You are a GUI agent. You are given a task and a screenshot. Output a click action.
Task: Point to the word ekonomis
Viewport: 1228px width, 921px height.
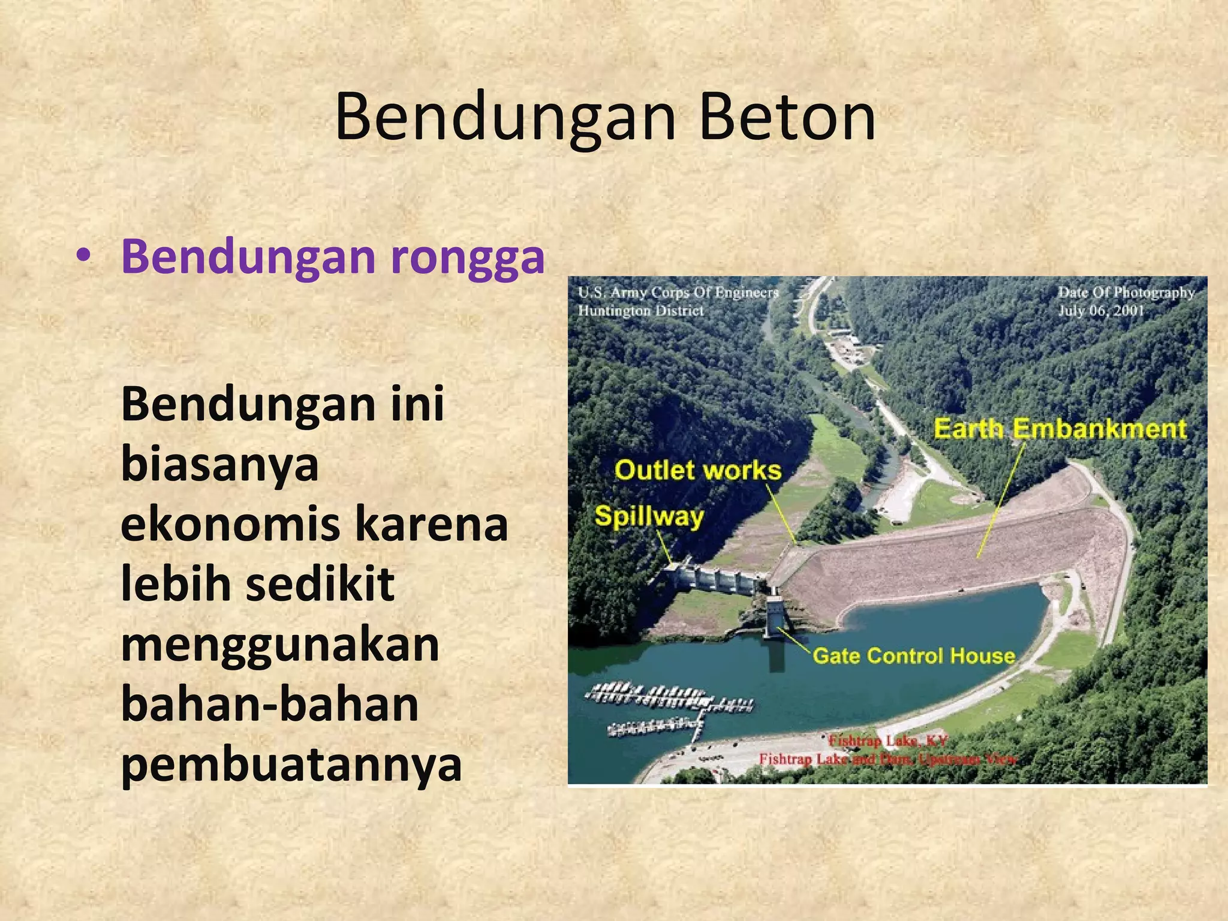[230, 524]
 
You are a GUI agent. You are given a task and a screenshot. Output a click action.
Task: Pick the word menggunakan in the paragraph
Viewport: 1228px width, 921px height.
[280, 645]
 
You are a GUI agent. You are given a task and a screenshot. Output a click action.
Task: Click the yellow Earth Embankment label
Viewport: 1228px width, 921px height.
[1060, 429]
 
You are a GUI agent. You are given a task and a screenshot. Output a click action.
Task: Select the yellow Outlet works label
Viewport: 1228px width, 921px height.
[698, 470]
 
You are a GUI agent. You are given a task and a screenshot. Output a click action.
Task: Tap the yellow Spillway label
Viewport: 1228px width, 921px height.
[649, 516]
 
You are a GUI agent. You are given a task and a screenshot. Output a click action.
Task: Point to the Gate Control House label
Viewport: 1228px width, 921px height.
[914, 655]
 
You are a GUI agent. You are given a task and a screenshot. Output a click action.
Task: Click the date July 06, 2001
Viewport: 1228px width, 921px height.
[1101, 311]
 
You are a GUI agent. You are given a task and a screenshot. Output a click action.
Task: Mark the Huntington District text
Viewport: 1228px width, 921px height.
[640, 311]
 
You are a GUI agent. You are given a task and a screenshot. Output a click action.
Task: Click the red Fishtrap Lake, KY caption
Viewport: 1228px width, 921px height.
[888, 741]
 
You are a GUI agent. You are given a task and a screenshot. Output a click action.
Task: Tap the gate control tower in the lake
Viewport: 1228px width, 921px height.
[773, 618]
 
